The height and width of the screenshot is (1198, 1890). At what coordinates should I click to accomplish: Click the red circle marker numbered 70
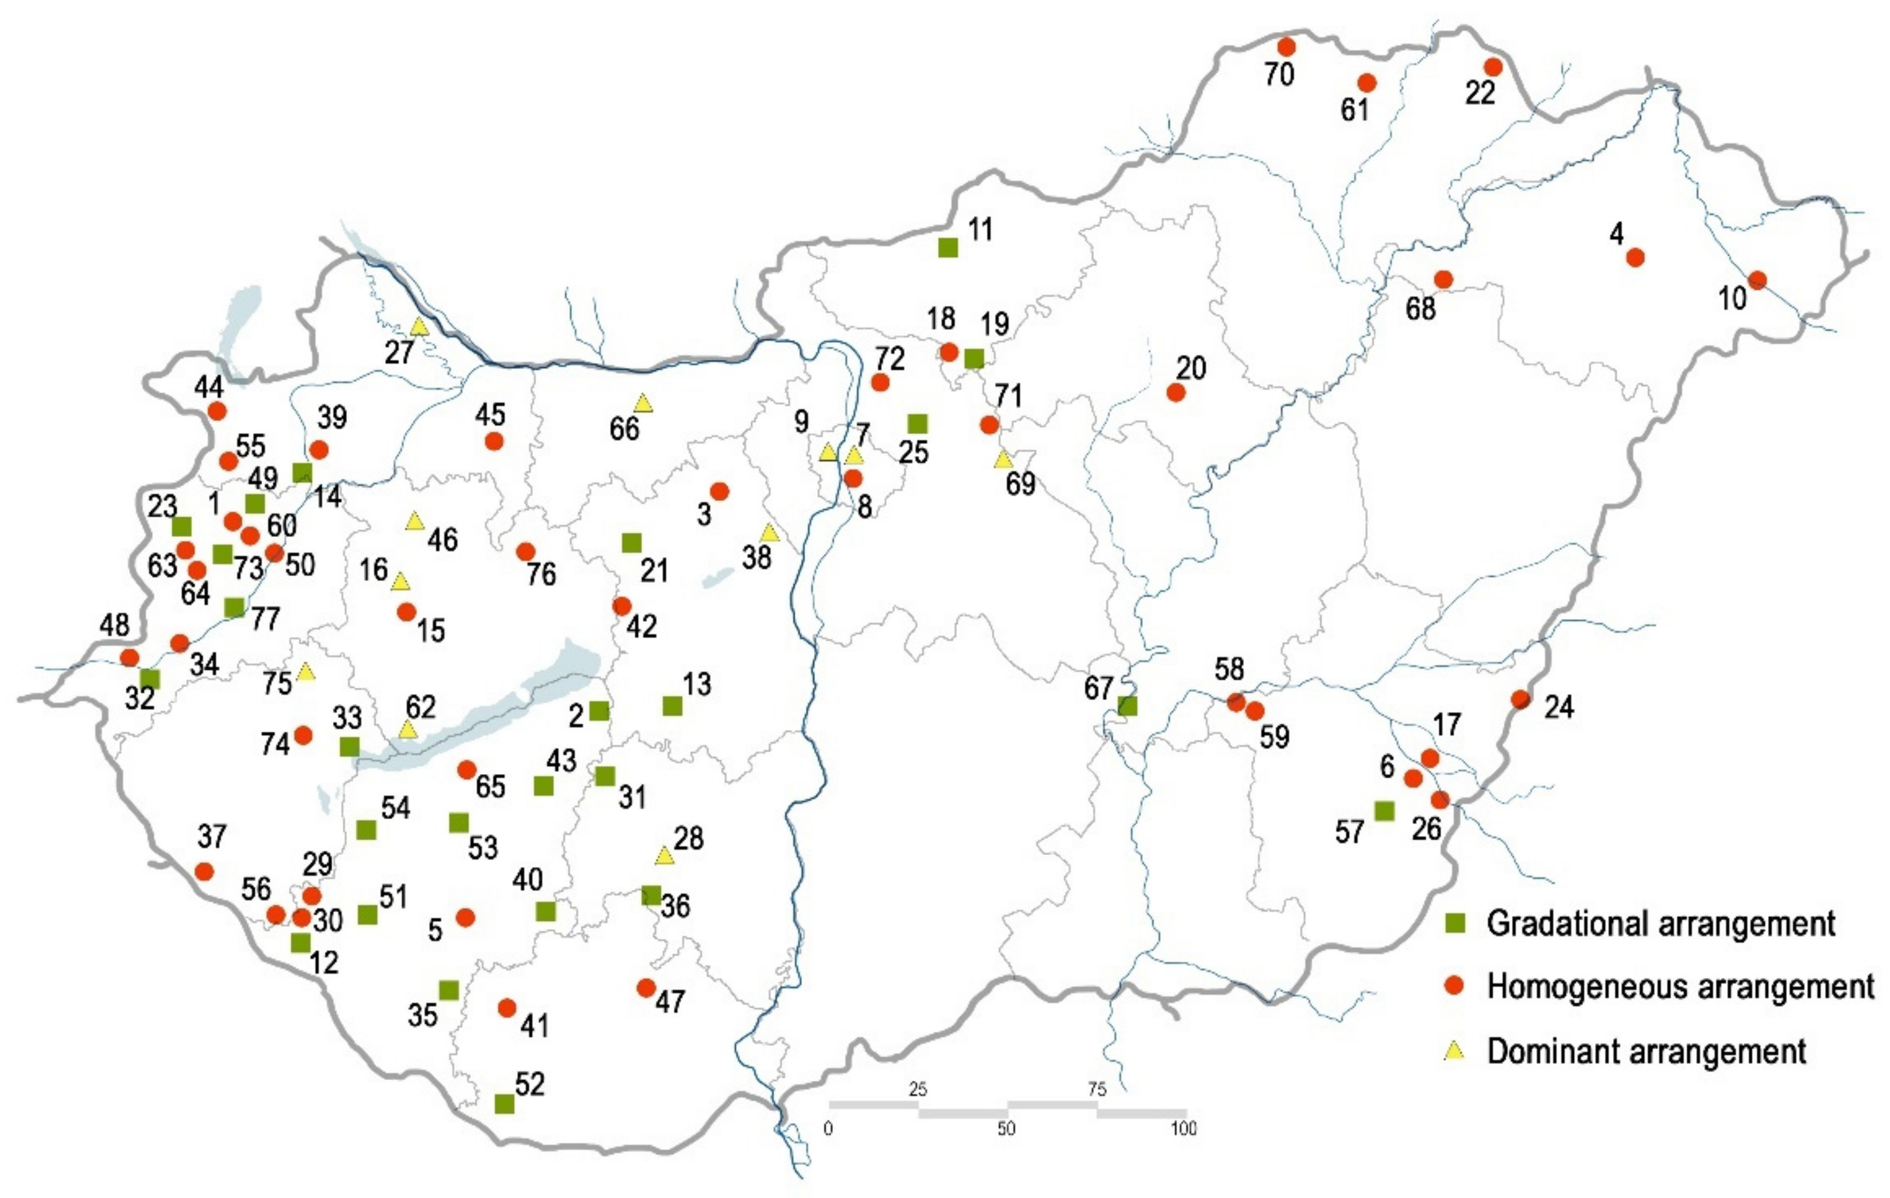pyautogui.click(x=1285, y=47)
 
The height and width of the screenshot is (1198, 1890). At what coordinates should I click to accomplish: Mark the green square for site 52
pyautogui.click(x=504, y=1104)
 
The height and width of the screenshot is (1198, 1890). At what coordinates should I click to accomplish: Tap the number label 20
pyautogui.click(x=1191, y=367)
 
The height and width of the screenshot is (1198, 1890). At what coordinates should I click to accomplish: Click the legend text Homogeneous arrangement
pyautogui.click(x=1680, y=987)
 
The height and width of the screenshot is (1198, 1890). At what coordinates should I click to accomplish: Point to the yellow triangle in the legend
pyautogui.click(x=1454, y=1051)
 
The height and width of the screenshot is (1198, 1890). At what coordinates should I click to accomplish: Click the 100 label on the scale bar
pyautogui.click(x=1183, y=1128)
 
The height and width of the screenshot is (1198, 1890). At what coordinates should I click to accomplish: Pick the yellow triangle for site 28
pyautogui.click(x=664, y=856)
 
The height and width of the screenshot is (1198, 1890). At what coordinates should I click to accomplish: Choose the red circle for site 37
pyautogui.click(x=205, y=871)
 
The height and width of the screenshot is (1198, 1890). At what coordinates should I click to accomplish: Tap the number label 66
pyautogui.click(x=625, y=429)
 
